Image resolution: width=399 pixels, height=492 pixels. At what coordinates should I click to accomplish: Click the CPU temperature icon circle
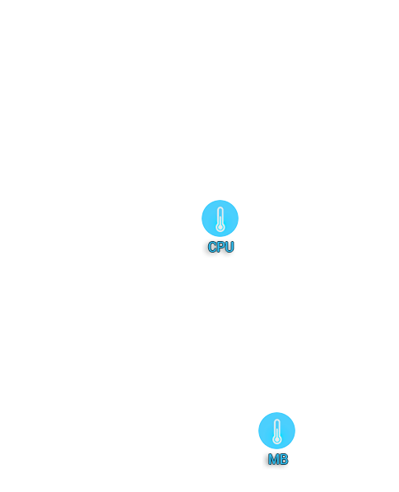pyautogui.click(x=220, y=218)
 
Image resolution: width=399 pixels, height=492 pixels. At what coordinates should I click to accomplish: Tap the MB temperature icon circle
pyautogui.click(x=276, y=430)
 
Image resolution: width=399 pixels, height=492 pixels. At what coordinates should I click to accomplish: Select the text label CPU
pyautogui.click(x=220, y=247)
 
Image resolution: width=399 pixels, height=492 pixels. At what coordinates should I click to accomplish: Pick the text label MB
pyautogui.click(x=278, y=459)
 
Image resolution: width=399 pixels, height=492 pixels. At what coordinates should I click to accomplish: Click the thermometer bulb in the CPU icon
pyautogui.click(x=220, y=227)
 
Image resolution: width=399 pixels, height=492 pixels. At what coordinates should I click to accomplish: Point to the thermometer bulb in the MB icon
pyautogui.click(x=277, y=439)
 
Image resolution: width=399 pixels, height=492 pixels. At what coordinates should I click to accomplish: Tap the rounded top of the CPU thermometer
pyautogui.click(x=220, y=207)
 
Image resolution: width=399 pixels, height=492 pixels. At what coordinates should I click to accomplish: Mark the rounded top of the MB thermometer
pyautogui.click(x=277, y=420)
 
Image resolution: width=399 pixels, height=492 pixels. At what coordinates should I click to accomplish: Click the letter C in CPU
pyautogui.click(x=212, y=247)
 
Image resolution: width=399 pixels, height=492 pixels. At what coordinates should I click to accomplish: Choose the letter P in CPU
pyautogui.click(x=220, y=247)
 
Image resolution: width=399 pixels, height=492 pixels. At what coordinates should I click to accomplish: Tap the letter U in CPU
pyautogui.click(x=230, y=247)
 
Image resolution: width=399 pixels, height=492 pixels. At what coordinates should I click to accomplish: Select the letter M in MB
pyautogui.click(x=273, y=459)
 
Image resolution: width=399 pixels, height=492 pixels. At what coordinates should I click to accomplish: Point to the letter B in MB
pyautogui.click(x=284, y=459)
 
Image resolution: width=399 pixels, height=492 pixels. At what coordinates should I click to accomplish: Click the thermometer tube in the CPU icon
pyautogui.click(x=220, y=216)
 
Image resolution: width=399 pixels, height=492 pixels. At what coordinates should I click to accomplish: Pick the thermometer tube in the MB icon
pyautogui.click(x=277, y=428)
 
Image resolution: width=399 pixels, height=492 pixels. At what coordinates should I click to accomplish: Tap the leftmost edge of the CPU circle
pyautogui.click(x=202, y=218)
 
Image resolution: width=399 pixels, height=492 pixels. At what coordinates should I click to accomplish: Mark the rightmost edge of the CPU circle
pyautogui.click(x=238, y=218)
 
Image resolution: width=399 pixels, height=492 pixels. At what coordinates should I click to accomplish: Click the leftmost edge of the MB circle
pyautogui.click(x=258, y=430)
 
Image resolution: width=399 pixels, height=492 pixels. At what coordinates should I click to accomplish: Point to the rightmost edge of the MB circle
pyautogui.click(x=295, y=430)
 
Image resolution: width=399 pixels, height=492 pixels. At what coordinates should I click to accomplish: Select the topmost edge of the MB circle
pyautogui.click(x=276, y=413)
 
